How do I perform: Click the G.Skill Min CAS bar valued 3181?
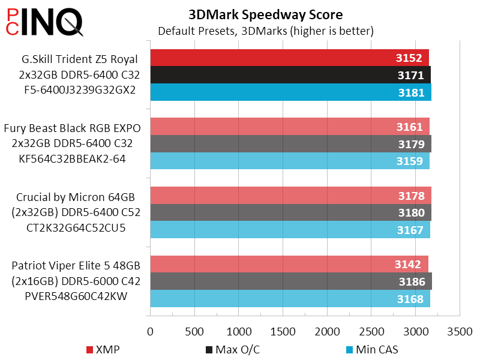[290, 92]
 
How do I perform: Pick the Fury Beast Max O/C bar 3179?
[290, 144]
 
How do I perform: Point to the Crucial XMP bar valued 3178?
[290, 196]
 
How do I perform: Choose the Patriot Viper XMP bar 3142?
[289, 265]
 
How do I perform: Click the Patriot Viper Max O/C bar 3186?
[290, 281]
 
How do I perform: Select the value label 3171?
[410, 75]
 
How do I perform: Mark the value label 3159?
[410, 161]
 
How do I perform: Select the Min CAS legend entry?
[373, 349]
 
